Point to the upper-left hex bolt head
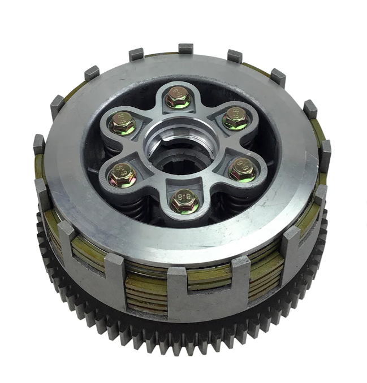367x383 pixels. (123, 122)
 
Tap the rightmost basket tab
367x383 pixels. (325, 151)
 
